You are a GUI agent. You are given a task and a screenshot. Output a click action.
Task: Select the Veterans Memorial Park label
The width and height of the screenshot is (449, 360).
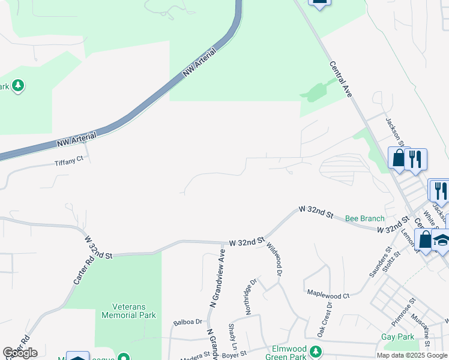128,310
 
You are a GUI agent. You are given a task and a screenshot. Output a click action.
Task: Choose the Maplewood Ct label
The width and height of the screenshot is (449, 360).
328,295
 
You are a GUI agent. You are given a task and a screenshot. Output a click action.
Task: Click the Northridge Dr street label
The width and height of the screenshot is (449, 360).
252,290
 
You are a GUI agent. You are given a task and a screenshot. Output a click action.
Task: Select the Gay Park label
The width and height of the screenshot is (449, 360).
397,337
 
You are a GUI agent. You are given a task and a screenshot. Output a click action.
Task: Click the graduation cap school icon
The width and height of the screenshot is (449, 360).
442,242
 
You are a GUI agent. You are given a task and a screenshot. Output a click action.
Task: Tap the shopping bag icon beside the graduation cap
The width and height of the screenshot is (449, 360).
425,239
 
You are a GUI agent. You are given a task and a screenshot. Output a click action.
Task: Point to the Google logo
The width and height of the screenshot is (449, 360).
20,353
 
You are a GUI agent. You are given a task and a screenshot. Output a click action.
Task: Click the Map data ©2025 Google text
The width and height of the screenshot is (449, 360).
412,355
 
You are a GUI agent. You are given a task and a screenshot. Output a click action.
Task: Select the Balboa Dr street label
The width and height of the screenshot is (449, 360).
186,322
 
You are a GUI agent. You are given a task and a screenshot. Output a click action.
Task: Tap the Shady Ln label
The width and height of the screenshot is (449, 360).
232,337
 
